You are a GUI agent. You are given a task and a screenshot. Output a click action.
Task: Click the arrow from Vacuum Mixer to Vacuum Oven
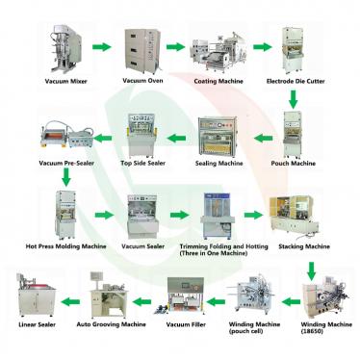(x=99, y=46)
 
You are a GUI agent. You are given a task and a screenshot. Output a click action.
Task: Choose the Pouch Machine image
(x=295, y=134)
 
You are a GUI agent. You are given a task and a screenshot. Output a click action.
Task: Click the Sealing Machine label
(x=219, y=164)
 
